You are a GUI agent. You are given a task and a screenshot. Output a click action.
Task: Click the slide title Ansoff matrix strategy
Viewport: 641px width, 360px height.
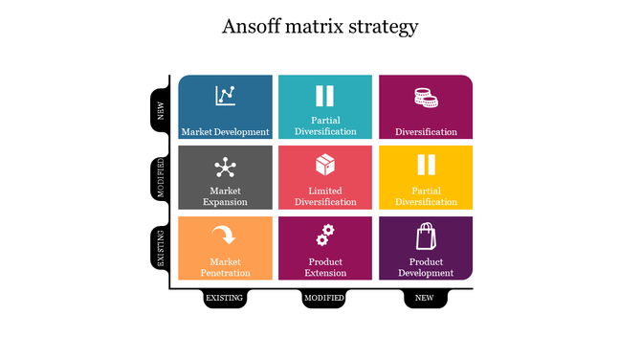coord(320,26)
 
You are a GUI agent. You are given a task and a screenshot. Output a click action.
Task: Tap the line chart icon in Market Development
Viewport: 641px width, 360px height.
coord(226,95)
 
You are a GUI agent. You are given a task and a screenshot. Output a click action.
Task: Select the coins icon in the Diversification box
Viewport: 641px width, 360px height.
coord(426,97)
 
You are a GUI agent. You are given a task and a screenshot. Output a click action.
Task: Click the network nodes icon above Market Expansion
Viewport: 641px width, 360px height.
coord(226,167)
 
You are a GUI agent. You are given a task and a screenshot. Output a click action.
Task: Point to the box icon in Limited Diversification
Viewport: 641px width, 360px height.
coord(325,165)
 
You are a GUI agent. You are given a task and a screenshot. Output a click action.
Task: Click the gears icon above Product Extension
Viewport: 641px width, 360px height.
coord(325,235)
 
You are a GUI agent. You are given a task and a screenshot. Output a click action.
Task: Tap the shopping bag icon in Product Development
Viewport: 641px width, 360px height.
coord(425,236)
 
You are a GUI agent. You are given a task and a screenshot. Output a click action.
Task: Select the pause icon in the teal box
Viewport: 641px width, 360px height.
coord(325,96)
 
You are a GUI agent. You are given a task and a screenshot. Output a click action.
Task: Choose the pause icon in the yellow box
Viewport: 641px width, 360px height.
coord(426,166)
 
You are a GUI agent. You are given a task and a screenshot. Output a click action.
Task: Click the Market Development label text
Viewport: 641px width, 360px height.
coord(226,132)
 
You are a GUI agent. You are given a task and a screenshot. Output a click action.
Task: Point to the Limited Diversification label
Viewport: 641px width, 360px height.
coord(325,196)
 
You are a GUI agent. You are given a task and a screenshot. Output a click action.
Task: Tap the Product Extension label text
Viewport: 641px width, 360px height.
coord(325,267)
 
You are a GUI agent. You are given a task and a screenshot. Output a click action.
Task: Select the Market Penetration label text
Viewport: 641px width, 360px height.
coord(226,267)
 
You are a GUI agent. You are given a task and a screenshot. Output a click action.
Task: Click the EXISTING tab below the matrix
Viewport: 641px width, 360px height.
coord(226,299)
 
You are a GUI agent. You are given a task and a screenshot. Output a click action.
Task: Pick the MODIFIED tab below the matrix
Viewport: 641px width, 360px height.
coord(325,299)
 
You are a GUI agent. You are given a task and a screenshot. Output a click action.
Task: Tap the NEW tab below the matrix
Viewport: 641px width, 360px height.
coord(425,299)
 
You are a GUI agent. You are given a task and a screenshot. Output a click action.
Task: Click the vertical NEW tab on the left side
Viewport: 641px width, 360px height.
coord(161,109)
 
